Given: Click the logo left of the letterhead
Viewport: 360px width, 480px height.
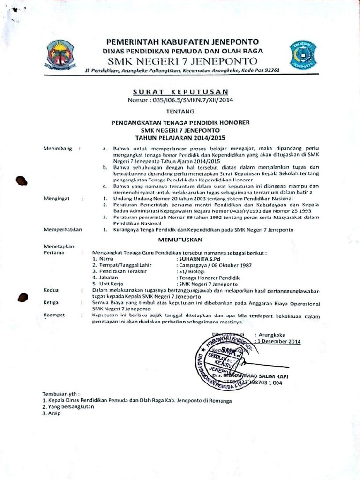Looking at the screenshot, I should coord(60,55).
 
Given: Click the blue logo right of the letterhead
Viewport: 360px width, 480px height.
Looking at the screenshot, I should coord(303,55).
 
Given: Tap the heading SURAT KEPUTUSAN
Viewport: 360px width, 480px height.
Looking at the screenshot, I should coord(180,91).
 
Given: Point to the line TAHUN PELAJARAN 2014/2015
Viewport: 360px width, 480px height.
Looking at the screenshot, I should coord(180,138).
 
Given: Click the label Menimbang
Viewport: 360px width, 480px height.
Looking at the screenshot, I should coord(58,149).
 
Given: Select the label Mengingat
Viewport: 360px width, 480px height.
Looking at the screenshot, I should coord(57,198).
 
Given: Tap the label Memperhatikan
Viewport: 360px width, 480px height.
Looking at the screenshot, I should coord(62,229).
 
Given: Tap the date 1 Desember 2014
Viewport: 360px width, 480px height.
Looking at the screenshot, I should coord(279,342).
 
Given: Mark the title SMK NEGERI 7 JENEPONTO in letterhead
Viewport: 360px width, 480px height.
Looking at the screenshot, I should coord(182,61).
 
